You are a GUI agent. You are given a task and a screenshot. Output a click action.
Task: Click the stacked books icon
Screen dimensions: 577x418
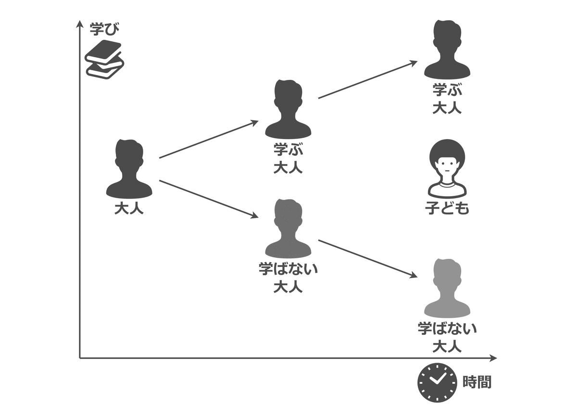[104, 59]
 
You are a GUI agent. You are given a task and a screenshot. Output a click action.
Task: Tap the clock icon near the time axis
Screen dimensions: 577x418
[437, 382]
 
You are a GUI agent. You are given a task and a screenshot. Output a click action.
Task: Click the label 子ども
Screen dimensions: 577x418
[447, 208]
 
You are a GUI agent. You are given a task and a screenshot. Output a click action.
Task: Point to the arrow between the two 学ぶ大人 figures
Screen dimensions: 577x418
[367, 80]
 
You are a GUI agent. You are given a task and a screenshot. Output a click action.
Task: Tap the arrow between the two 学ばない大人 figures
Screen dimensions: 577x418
[367, 258]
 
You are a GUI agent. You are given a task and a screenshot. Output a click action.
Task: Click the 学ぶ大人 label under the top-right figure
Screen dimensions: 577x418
[447, 98]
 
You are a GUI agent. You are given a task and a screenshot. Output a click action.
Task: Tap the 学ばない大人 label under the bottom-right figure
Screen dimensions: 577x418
[447, 337]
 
